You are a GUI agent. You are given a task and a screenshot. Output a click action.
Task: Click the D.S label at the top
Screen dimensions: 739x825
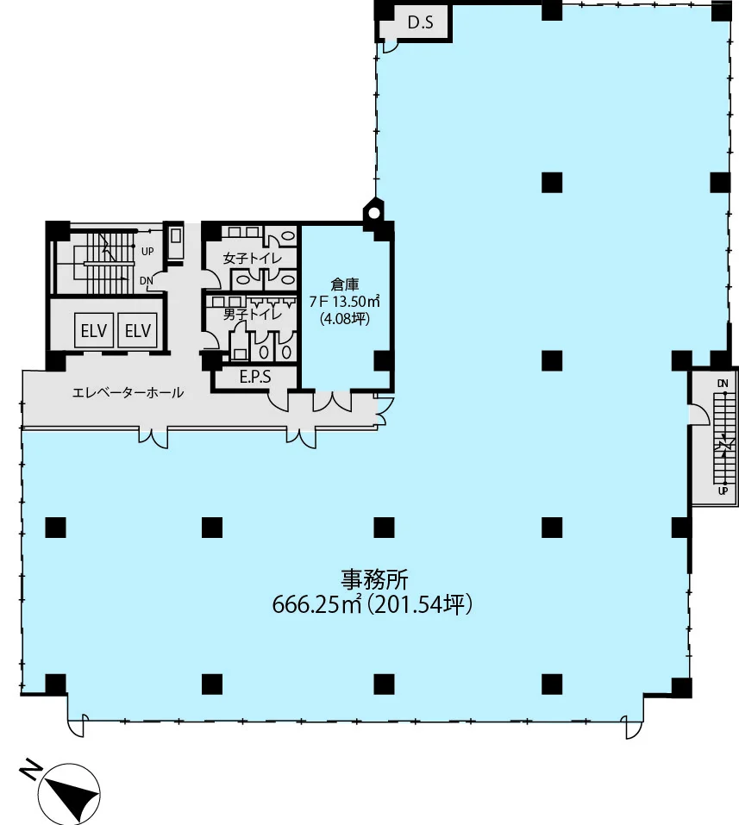click(421, 22)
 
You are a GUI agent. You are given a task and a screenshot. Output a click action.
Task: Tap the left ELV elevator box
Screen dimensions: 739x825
click(94, 330)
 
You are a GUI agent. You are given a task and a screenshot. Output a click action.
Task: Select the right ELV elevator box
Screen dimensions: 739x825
click(137, 330)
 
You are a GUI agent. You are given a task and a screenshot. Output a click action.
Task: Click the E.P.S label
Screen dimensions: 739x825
click(255, 377)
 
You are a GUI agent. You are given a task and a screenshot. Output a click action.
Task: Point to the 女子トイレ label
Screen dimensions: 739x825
click(252, 259)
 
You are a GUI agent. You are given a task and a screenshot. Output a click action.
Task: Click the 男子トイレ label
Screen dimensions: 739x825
click(252, 314)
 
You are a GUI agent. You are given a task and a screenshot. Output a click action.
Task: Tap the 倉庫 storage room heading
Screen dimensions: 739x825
click(345, 284)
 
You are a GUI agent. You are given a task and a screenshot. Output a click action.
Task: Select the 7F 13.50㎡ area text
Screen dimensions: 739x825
click(345, 302)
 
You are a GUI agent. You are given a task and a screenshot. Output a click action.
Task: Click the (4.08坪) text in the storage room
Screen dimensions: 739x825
click(345, 318)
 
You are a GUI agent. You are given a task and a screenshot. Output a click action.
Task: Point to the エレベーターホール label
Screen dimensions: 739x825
click(128, 392)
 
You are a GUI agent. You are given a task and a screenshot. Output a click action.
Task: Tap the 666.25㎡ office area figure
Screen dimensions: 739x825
click(316, 604)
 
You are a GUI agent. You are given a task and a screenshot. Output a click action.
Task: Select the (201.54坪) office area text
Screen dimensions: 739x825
click(419, 604)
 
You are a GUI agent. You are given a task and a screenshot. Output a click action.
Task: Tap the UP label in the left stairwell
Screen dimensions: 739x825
click(147, 252)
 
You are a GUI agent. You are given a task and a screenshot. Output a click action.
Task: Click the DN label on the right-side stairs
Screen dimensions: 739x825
click(723, 384)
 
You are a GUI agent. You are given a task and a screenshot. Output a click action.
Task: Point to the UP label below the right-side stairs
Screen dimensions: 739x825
click(723, 491)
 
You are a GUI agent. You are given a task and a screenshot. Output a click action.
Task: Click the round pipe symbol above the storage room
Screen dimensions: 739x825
click(373, 213)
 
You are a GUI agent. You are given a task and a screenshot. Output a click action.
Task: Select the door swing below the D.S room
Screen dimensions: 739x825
click(390, 47)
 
